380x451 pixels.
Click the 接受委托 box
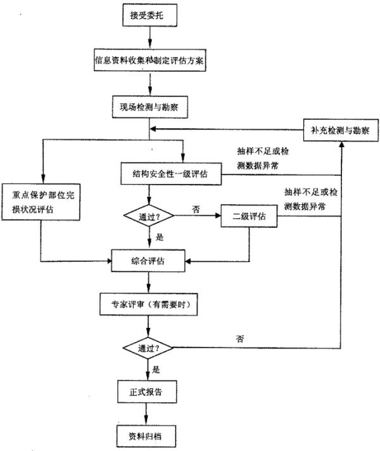(x=149, y=15)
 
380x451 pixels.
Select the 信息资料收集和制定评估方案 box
(x=150, y=60)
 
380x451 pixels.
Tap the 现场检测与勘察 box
(x=150, y=107)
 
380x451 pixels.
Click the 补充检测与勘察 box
(x=341, y=130)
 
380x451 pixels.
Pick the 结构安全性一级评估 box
(x=171, y=174)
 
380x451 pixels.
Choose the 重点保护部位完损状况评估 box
(x=41, y=202)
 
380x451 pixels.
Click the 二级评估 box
(x=249, y=216)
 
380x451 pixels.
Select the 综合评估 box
(x=148, y=261)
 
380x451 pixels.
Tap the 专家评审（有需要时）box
(x=148, y=304)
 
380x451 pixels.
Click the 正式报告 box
(x=147, y=391)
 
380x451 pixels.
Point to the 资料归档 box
(x=146, y=436)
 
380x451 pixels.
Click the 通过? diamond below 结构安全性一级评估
(x=149, y=216)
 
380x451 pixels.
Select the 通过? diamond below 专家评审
(x=148, y=348)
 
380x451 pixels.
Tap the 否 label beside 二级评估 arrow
(x=196, y=209)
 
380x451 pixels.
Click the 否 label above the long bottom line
(x=240, y=339)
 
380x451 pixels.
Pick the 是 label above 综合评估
(x=160, y=237)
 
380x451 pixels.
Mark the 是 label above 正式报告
(x=156, y=370)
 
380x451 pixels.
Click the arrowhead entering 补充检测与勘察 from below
(x=341, y=145)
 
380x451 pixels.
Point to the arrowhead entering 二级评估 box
(x=217, y=216)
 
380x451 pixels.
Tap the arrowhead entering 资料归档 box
(x=146, y=421)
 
